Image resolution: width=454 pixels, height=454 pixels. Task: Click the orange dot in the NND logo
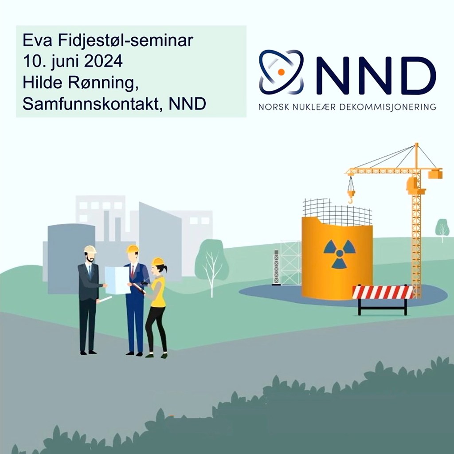coord(280,71)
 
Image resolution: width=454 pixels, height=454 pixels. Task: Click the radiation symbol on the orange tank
coord(339,254)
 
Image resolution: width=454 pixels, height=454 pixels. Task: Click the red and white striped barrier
coord(382,293)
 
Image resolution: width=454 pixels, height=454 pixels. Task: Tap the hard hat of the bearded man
coord(90,249)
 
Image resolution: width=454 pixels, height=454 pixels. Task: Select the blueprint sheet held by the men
coord(117,280)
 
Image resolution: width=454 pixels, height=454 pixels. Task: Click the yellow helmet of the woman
coord(157,261)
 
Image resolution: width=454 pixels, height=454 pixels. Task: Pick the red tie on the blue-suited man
coord(132,271)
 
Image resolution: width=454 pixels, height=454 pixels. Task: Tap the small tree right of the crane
coord(442,229)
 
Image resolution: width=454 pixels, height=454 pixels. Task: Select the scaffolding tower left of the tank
coord(290,262)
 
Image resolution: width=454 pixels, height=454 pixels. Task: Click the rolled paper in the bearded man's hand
coord(105,300)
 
